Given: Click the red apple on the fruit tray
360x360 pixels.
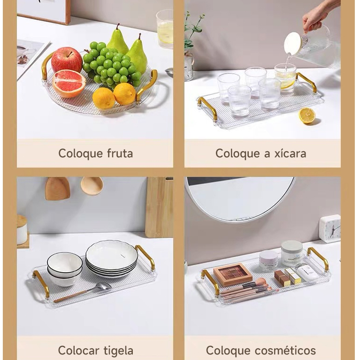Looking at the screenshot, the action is pos(67,60).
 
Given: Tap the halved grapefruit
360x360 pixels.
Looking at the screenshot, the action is pos(69,84).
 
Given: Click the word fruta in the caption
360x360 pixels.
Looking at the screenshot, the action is pos(120,153).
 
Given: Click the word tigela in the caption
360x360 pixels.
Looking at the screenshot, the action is pos(118,351).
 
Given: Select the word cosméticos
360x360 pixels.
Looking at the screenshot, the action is pos(285,351).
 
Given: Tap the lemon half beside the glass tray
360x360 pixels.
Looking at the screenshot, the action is pos(307,116).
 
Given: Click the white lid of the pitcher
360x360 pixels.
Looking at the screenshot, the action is pos(293,44).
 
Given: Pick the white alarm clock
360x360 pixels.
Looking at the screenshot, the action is pos(330,229).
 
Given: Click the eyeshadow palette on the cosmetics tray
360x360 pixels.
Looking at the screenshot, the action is pos(233,274).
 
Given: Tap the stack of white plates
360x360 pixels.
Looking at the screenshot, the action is pos(112,259).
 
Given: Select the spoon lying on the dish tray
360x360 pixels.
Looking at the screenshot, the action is pos(83,292).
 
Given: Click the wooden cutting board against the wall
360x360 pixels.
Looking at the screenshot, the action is pos(159,207).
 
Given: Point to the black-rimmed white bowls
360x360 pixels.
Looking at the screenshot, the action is pos(64,269).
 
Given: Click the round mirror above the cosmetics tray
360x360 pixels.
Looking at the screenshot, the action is pos(240,199).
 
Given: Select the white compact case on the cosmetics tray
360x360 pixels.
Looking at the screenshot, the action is pos(307,273).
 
